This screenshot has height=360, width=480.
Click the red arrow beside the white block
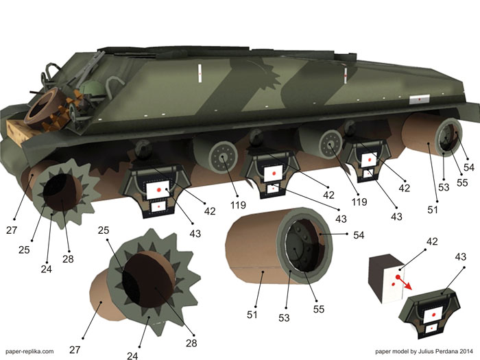(405, 283)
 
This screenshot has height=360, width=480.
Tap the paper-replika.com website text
(29, 352)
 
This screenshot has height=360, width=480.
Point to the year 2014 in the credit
(466, 351)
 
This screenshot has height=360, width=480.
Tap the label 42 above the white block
(431, 241)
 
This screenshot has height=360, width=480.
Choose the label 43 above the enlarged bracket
(460, 256)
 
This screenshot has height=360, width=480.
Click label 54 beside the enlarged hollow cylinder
(359, 235)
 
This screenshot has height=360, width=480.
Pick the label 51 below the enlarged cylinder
(252, 315)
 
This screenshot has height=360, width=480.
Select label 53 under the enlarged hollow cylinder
(284, 317)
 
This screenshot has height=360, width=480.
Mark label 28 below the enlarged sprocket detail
(191, 343)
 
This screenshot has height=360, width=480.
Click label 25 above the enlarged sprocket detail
(104, 230)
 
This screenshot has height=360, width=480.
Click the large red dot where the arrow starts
(398, 277)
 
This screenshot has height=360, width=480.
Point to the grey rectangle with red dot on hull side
(420, 99)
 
